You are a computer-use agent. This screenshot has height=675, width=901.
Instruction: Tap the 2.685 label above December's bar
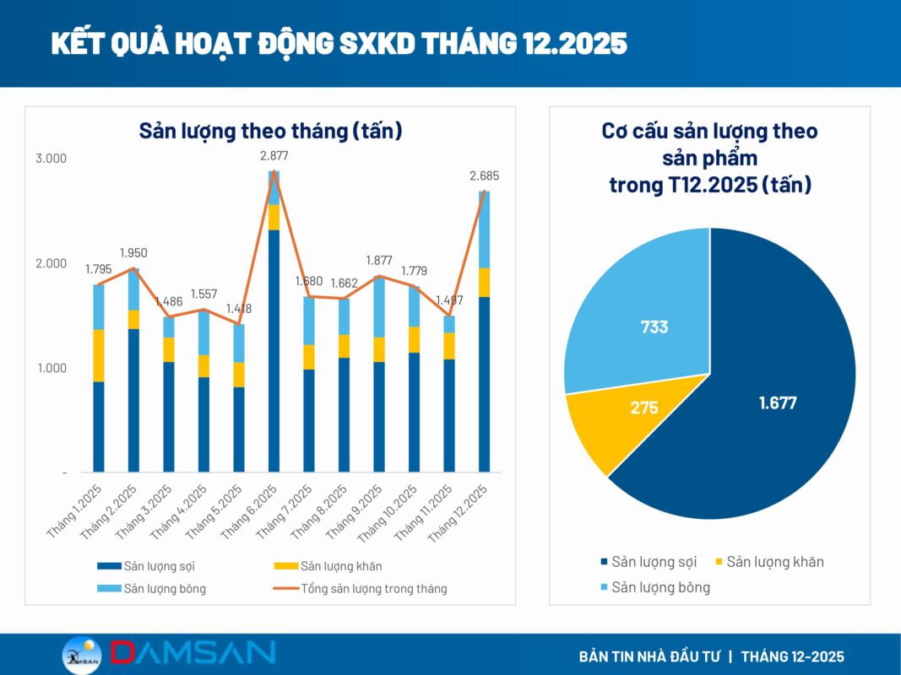[485, 176]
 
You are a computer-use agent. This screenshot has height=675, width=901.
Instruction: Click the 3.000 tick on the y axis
[51, 159]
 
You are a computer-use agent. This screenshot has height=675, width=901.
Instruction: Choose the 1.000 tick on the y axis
[51, 368]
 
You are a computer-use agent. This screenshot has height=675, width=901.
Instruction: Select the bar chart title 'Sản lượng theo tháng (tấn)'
[270, 131]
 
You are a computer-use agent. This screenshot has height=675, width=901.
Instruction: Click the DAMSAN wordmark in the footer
[193, 652]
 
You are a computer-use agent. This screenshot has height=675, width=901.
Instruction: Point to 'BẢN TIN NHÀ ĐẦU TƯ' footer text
[648, 656]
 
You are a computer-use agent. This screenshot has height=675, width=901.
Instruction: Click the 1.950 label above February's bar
[134, 253]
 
